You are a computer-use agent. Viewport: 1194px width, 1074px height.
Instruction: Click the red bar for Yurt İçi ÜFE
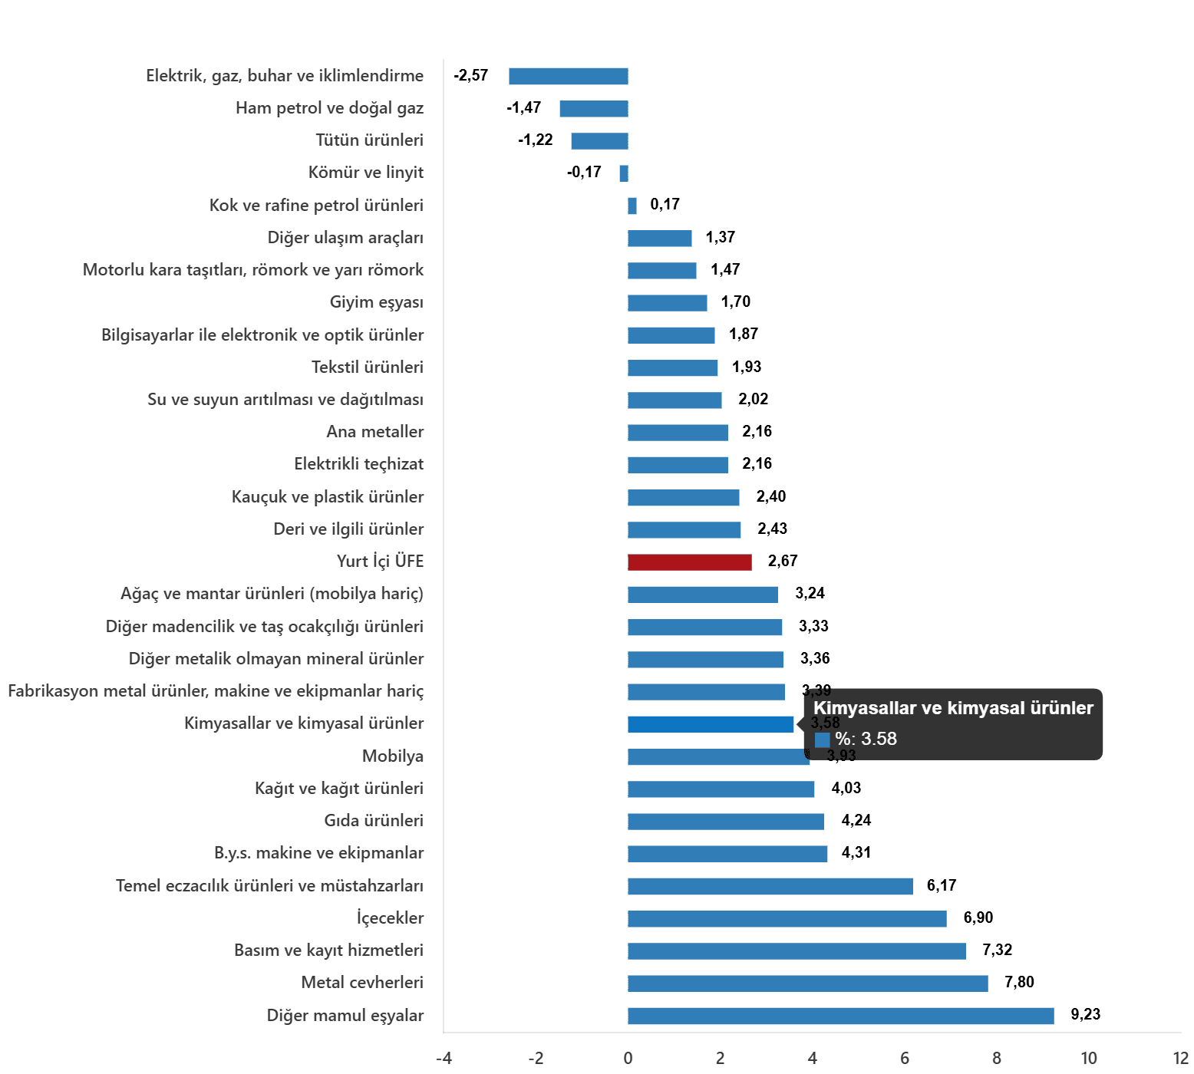[689, 562]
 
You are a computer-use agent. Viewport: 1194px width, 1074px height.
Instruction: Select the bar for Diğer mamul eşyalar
[840, 1016]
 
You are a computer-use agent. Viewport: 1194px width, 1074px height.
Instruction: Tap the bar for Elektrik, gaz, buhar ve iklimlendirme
[569, 77]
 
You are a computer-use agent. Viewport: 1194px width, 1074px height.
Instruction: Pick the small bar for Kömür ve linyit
[624, 173]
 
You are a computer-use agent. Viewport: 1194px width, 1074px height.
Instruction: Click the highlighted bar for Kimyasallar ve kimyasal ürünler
[711, 725]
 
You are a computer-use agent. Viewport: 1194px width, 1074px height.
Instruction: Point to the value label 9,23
[1085, 1014]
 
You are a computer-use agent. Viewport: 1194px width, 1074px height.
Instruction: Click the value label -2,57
[470, 75]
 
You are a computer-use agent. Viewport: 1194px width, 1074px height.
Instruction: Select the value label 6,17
[942, 885]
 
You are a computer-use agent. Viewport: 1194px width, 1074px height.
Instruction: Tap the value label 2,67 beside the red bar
[783, 561]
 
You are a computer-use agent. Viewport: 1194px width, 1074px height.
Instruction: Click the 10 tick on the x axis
[1089, 1059]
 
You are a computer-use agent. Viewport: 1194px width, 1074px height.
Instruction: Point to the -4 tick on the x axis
[444, 1059]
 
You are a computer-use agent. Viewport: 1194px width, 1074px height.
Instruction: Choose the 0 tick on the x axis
[628, 1059]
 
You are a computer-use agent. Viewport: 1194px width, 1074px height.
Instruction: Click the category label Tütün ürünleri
[369, 140]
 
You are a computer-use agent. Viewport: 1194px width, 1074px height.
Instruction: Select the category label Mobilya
[393, 756]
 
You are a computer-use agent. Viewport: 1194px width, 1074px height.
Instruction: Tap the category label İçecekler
[390, 918]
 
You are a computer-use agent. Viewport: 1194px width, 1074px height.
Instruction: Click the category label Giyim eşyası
[376, 302]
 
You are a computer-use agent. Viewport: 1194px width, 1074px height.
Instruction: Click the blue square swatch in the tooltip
[822, 740]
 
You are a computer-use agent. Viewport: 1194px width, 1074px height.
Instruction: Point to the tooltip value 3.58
[879, 739]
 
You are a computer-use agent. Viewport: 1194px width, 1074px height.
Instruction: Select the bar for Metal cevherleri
[807, 983]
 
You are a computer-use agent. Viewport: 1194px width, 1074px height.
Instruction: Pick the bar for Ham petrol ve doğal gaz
[594, 109]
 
